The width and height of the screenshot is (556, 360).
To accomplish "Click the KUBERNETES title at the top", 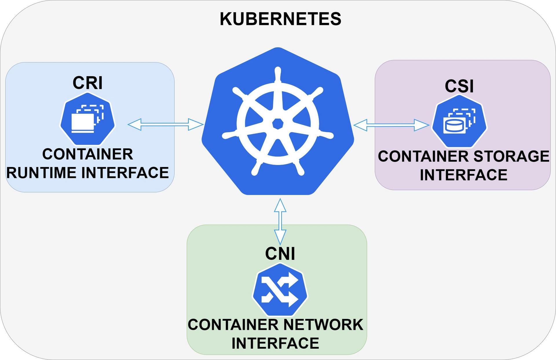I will click(280, 19).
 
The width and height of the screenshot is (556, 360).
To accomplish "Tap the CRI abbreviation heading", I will click(87, 83).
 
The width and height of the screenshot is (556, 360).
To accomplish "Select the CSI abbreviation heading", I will click(459, 86).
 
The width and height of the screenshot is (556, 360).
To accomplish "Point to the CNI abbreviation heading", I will click(280, 254).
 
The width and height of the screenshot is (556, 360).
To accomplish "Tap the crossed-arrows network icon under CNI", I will click(279, 289).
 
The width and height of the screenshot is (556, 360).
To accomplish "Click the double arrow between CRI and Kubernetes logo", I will click(165, 124).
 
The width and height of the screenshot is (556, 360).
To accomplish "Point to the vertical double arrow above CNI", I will click(280, 222).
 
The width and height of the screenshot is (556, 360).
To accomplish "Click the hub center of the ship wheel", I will click(278, 124).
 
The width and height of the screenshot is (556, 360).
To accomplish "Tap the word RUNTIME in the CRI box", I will click(42, 173).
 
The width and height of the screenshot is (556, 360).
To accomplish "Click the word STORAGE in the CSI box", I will click(511, 156).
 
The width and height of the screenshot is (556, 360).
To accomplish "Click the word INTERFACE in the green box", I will click(275, 343).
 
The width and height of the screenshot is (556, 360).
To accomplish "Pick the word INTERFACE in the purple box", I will click(463, 175).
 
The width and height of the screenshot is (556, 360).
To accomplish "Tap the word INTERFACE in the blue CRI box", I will click(125, 173).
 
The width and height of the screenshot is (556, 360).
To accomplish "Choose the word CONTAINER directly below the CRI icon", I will click(87, 154).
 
